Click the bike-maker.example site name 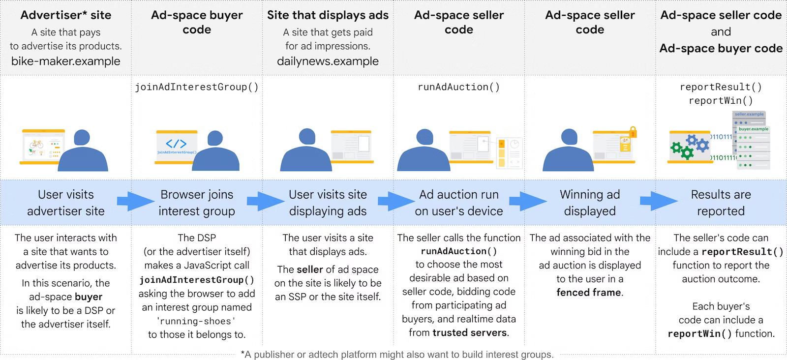(65, 61)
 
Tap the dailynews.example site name (328, 61)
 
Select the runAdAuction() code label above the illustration (458, 87)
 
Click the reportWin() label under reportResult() (721, 101)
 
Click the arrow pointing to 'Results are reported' (659, 201)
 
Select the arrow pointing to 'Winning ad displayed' (528, 201)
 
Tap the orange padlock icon (633, 132)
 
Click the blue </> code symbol (176, 144)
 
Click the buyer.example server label (753, 129)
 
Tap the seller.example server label (749, 114)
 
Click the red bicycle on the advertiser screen (36, 144)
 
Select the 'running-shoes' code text (196, 321)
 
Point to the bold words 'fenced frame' (589, 293)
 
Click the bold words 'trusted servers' (470, 333)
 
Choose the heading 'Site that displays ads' (328, 15)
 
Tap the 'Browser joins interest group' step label (197, 203)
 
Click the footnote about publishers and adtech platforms (397, 355)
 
